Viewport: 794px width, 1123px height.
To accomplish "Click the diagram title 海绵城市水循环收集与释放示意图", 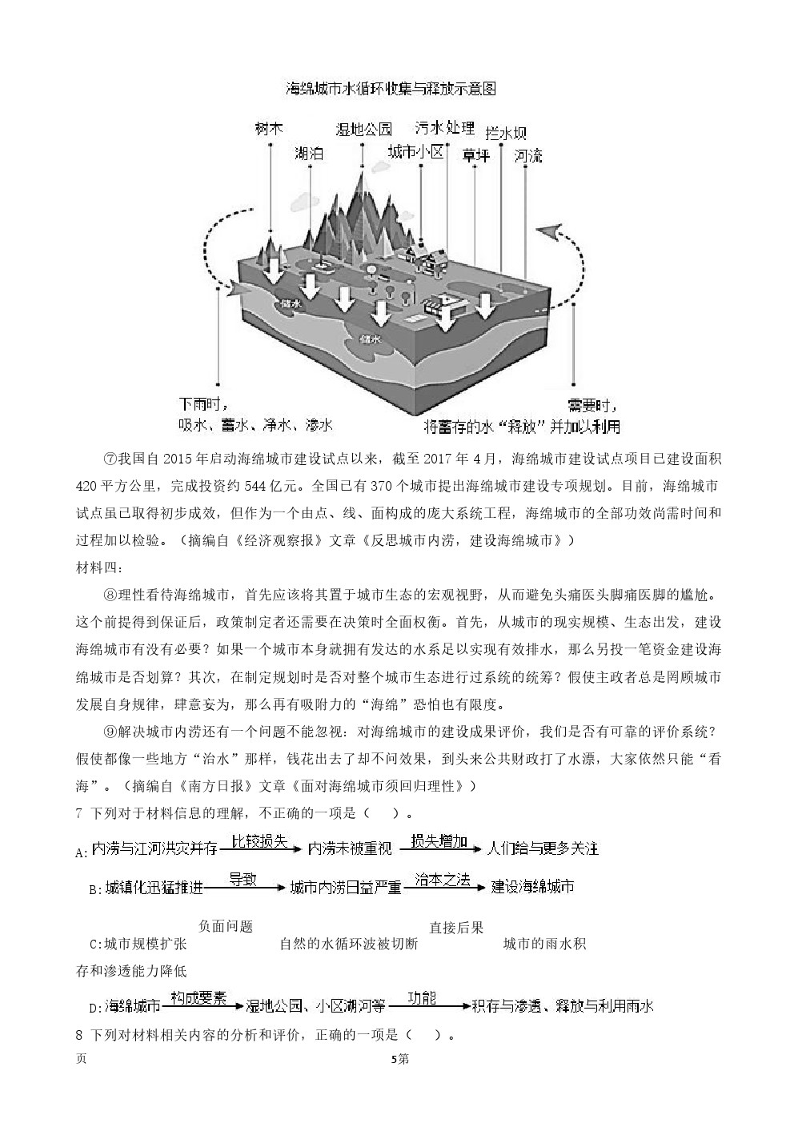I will click(x=391, y=89).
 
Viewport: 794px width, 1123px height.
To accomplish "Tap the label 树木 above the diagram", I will click(x=270, y=128).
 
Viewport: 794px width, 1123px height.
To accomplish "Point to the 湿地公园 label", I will click(x=365, y=129).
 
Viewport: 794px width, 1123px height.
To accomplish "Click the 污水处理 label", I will click(x=445, y=127).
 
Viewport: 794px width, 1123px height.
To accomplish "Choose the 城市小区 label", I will click(x=415, y=152).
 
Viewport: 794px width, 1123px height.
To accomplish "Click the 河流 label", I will click(x=528, y=154).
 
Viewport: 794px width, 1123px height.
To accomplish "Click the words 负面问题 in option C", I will click(x=226, y=926).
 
